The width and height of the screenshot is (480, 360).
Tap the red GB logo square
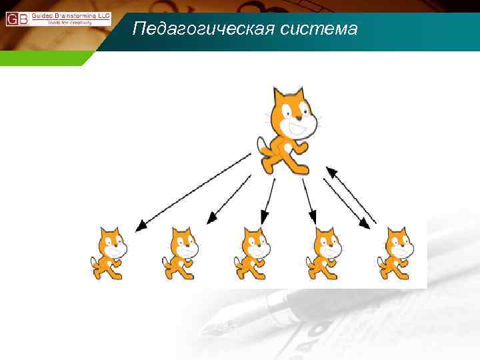tap(17, 19)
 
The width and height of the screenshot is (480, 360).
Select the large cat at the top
tap(289, 130)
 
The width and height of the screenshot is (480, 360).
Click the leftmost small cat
tap(109, 253)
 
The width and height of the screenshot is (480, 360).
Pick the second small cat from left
tap(181, 253)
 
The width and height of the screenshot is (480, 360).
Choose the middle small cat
tap(252, 253)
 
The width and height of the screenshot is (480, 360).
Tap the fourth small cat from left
tap(323, 253)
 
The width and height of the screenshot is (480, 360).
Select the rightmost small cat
tap(395, 253)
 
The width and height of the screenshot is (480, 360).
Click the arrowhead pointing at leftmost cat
tap(141, 227)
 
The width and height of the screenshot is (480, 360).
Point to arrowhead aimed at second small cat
tap(213, 219)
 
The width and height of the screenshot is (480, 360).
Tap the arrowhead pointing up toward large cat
tap(329, 171)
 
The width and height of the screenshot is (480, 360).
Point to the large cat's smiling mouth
tap(298, 129)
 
